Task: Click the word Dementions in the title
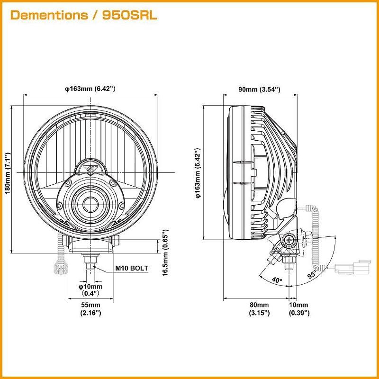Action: [49, 15]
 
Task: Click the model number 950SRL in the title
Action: [129, 15]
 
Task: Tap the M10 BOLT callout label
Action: [132, 268]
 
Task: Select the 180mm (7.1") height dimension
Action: [8, 172]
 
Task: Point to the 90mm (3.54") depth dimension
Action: [259, 90]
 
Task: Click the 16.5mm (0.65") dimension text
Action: [165, 253]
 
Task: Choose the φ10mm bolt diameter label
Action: [90, 290]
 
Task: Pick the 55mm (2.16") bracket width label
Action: [90, 309]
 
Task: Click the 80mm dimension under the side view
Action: [259, 309]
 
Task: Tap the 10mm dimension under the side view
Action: [299, 309]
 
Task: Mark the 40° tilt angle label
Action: [277, 280]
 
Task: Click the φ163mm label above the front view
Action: [90, 89]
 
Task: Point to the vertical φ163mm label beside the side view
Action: [198, 172]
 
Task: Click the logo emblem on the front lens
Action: [90, 167]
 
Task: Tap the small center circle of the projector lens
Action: [90, 205]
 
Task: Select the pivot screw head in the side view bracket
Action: [289, 241]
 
